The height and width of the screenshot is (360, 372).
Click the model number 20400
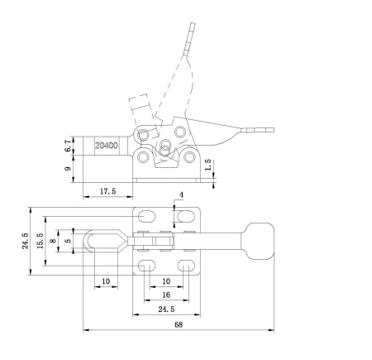pyautogui.click(x=106, y=145)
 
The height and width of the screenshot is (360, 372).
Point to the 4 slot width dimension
pyautogui.click(x=180, y=196)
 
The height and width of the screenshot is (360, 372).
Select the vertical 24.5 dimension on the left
pyautogui.click(x=26, y=242)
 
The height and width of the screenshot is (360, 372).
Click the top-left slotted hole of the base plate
pyautogui.click(x=147, y=217)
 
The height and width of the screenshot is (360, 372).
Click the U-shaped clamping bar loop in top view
pyautogui.click(x=105, y=242)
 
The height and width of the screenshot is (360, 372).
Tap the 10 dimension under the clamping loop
pyautogui.click(x=105, y=281)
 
